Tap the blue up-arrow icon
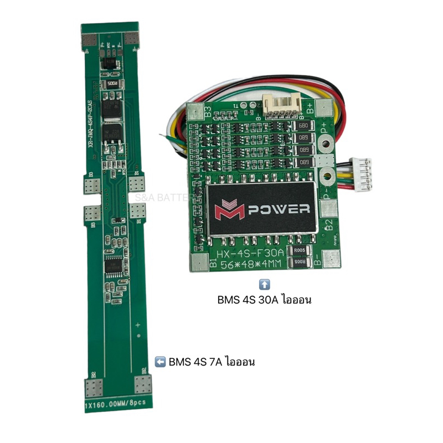click(265, 285)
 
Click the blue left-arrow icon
click(160, 363)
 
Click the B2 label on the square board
click(328, 226)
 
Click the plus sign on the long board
click(138, 325)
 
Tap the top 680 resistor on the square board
click(303, 126)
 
